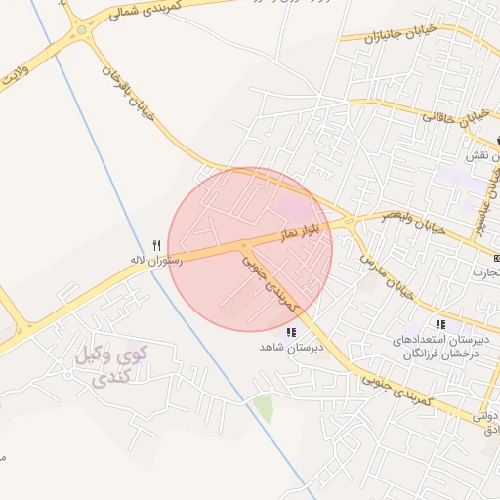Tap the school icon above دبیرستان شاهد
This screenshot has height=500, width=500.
[290, 332]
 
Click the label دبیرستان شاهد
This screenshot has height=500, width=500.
[284, 347]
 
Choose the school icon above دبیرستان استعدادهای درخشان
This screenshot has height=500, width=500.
[440, 324]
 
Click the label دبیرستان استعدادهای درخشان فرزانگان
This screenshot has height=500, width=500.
[433, 347]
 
